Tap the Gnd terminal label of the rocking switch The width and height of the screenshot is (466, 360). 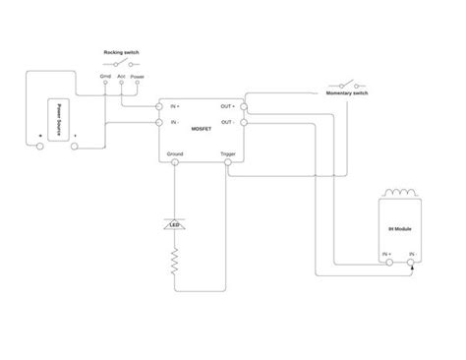tap(105, 75)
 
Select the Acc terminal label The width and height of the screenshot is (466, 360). tap(121, 75)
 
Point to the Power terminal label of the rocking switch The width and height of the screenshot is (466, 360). tap(138, 75)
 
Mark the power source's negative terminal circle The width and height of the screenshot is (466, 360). tap(75, 147)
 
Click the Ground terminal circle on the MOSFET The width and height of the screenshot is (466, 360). tap(175, 162)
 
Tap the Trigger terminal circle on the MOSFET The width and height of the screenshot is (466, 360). tap(228, 162)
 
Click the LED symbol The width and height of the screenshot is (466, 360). tap(175, 225)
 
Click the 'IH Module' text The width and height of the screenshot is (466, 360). tap(399, 228)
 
